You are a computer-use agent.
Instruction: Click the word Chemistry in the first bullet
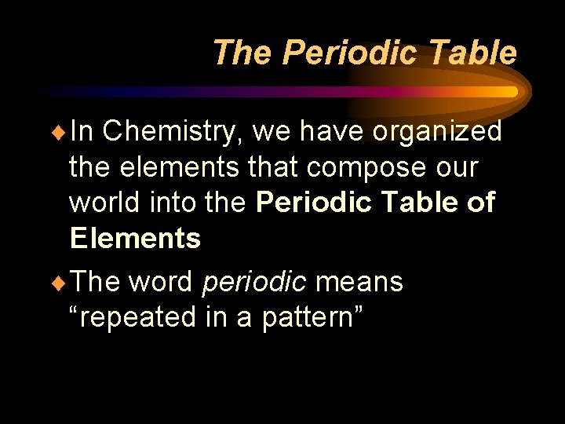[166, 133]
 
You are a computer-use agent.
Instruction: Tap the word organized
[437, 133]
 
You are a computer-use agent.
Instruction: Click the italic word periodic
[253, 282]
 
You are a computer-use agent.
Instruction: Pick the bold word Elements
[135, 238]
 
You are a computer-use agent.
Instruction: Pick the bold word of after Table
[479, 203]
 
